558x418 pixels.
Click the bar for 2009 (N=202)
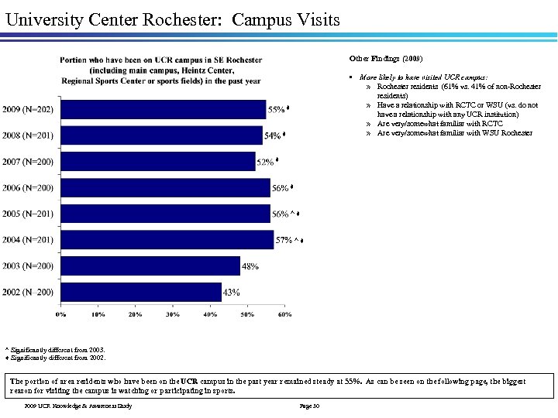[x=163, y=109]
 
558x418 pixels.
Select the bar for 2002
[x=140, y=292]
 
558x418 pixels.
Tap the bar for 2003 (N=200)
[x=150, y=266]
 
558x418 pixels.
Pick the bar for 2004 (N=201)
[x=167, y=240]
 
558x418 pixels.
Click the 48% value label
[x=250, y=266]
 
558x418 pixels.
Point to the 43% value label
[x=231, y=293]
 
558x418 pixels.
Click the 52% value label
[x=265, y=162]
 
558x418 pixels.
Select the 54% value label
[x=272, y=135]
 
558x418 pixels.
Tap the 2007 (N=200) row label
[x=28, y=162]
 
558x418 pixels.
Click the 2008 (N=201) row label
[x=28, y=135]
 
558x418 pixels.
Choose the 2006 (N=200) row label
[x=28, y=188]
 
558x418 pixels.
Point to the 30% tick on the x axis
[x=173, y=314]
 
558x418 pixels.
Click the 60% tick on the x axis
[x=284, y=314]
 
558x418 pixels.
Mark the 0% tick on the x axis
[x=60, y=314]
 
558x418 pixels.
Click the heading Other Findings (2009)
[x=386, y=58]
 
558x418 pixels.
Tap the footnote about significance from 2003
[x=53, y=350]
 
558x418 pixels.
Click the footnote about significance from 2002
[x=55, y=358]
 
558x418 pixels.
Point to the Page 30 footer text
[x=308, y=406]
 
